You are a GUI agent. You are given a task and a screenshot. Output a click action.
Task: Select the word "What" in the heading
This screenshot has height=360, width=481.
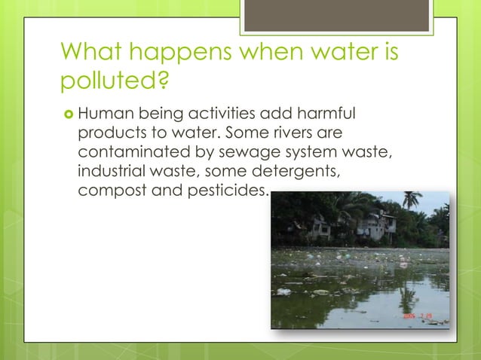click(x=93, y=53)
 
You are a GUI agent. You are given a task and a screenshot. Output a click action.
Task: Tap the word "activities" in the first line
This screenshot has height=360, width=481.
click(x=209, y=116)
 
